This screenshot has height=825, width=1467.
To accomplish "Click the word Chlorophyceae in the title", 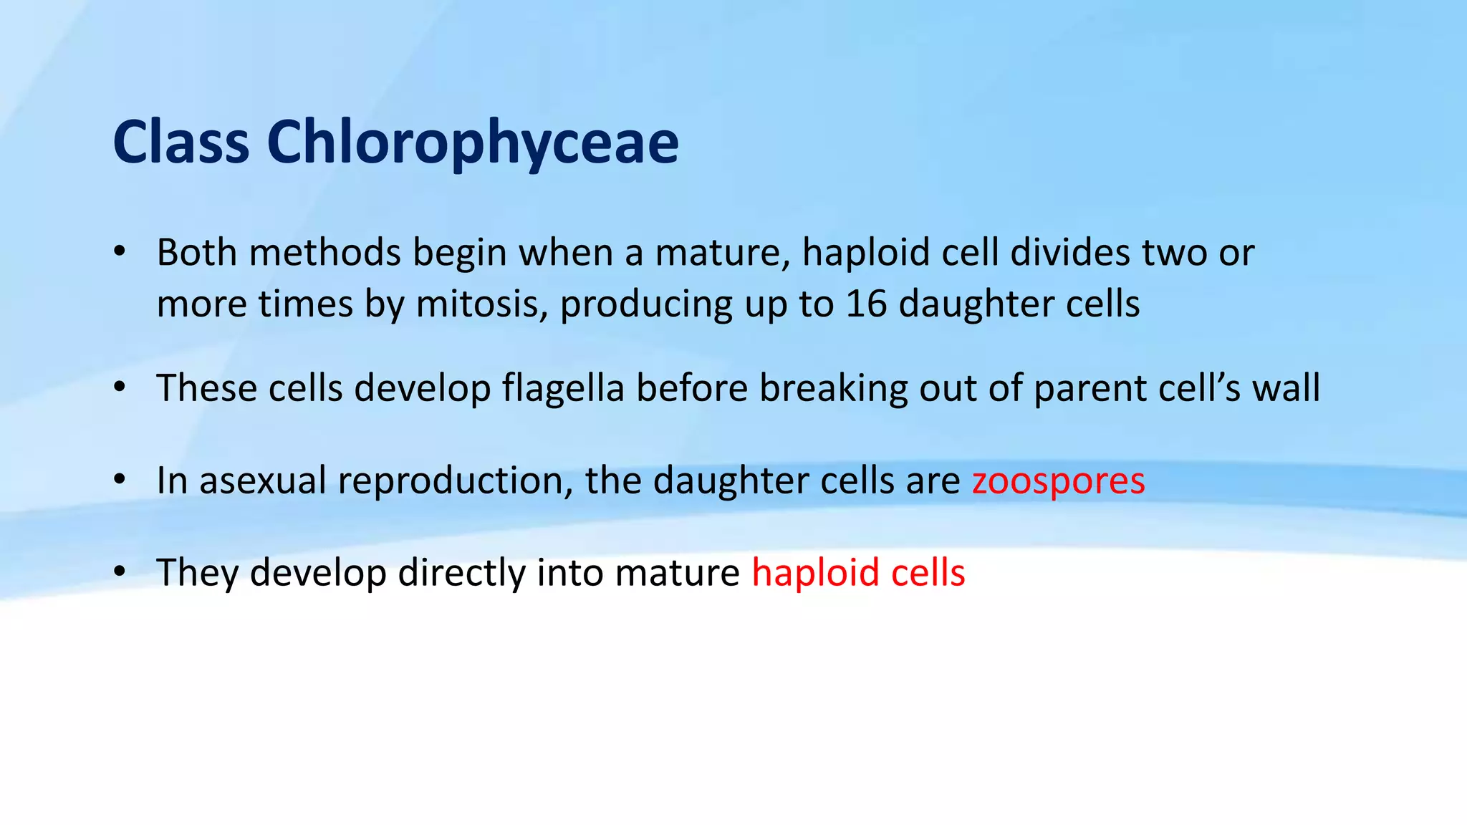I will [473, 143].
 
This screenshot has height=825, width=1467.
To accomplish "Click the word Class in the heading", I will [181, 142].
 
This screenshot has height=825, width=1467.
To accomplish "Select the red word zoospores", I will [1058, 481].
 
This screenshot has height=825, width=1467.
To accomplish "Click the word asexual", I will [263, 481].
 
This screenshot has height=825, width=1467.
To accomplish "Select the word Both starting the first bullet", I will [198, 253].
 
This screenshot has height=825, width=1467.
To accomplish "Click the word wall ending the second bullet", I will [1286, 388].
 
